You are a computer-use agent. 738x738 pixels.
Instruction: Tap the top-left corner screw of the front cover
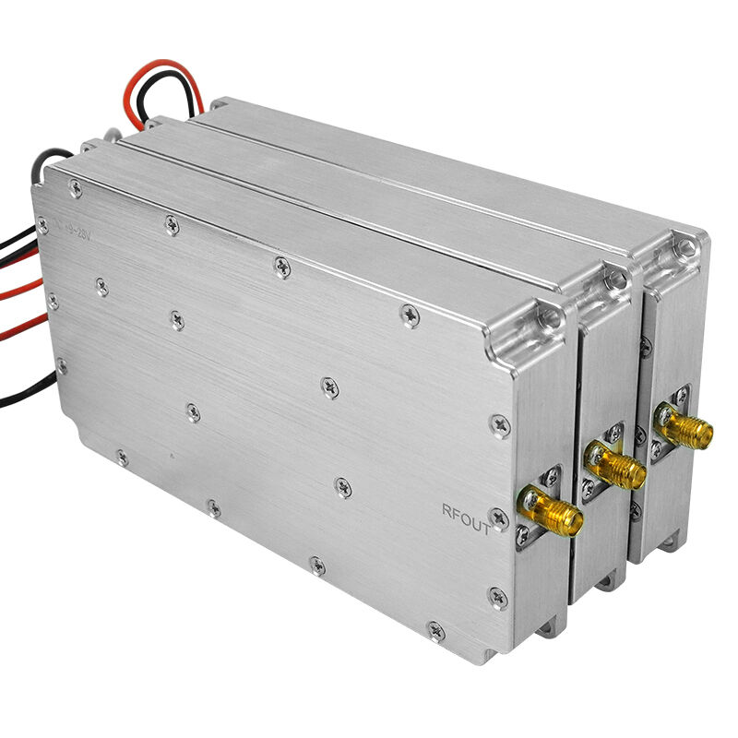(75, 188)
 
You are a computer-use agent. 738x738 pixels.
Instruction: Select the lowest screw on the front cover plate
(435, 631)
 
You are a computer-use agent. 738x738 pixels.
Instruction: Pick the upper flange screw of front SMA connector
(551, 477)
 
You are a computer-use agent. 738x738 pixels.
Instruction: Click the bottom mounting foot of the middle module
(606, 583)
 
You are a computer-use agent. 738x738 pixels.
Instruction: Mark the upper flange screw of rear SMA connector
(680, 396)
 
